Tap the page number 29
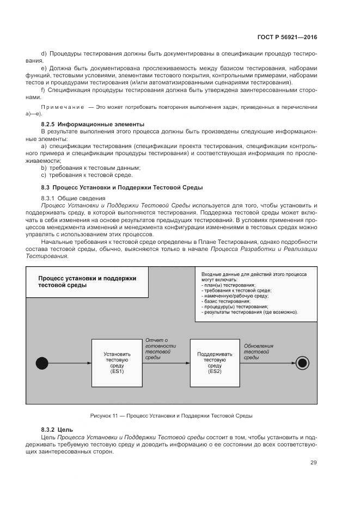pyautogui.click(x=314, y=463)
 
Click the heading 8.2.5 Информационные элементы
pyautogui.click(x=93, y=124)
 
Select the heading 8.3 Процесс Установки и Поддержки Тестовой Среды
pyautogui.click(x=121, y=187)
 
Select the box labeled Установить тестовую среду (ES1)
pyautogui.click(x=117, y=362)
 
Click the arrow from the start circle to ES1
pyautogui.click(x=69, y=362)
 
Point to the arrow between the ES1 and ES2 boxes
pyautogui.click(x=166, y=362)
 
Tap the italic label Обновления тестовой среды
pyautogui.click(x=259, y=351)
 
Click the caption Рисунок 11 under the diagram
pyautogui.click(x=171, y=415)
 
